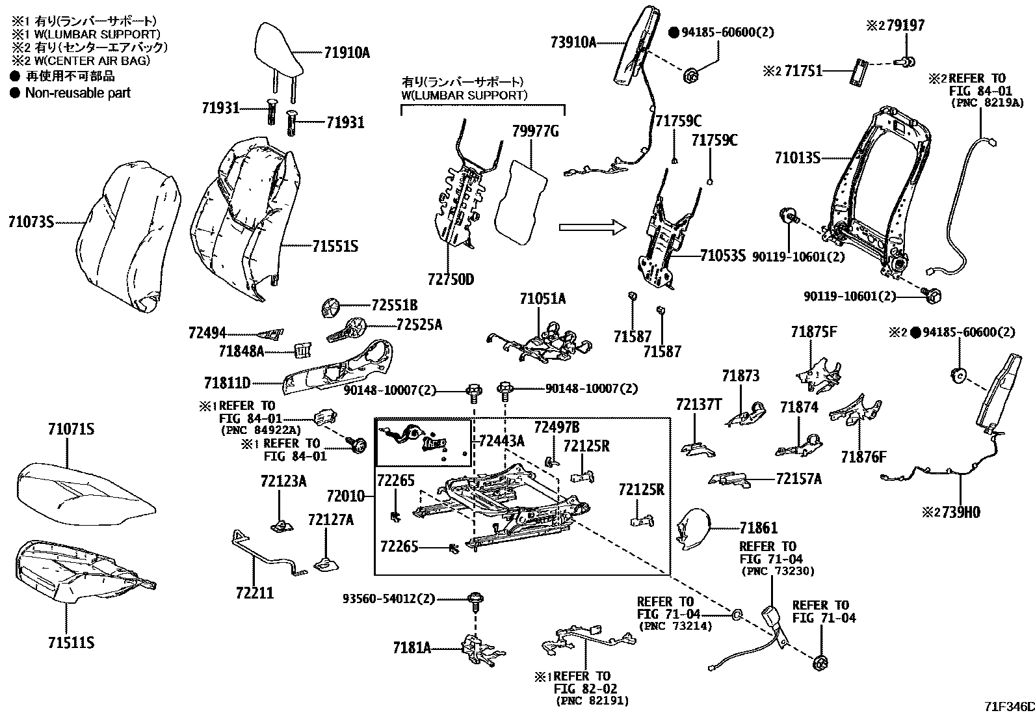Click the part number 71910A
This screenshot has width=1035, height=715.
tap(347, 53)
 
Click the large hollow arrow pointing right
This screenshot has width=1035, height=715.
tap(592, 227)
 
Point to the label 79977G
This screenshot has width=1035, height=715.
tap(535, 132)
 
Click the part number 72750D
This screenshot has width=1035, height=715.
tap(451, 280)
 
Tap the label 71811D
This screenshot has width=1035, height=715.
tap(227, 383)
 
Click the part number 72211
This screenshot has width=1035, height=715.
tap(254, 593)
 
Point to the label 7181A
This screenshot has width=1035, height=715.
tap(412, 648)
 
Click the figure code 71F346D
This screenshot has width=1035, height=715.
tap(1007, 706)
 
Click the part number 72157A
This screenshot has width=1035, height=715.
tap(798, 479)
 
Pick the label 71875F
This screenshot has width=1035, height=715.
tap(814, 332)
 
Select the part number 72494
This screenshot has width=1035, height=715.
tap(207, 333)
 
